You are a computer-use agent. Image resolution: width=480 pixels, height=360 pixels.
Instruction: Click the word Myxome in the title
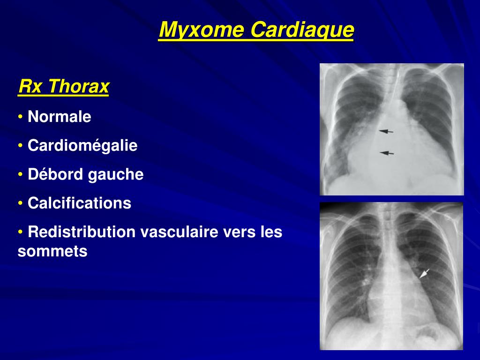coord(202,30)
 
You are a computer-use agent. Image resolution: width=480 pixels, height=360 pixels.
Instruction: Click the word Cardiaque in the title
coord(302,30)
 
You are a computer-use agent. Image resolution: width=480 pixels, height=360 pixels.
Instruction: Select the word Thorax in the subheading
coord(79,87)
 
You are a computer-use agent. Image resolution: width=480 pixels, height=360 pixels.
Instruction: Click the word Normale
coord(60,117)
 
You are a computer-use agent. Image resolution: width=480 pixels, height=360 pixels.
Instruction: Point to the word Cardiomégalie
coord(82,146)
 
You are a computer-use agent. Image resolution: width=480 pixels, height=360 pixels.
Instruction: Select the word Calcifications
coord(80,203)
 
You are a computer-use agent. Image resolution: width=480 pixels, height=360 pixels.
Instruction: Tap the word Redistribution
coord(81,232)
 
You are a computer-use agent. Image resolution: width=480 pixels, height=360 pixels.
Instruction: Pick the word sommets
coord(52,252)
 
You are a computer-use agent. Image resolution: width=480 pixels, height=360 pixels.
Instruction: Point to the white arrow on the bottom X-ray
coord(424,274)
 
